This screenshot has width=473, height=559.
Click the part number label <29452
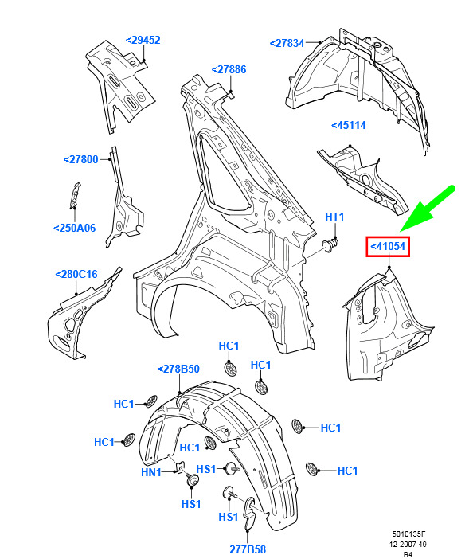[143, 40]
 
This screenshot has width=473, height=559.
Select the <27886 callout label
[229, 69]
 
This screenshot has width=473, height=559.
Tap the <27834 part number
[287, 43]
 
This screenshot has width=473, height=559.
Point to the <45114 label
[349, 126]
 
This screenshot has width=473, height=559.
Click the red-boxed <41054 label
[388, 246]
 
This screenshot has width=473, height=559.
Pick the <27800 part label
[80, 159]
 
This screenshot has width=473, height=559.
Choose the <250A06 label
[75, 228]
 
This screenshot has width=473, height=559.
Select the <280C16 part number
[76, 274]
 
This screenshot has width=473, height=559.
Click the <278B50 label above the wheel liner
[178, 369]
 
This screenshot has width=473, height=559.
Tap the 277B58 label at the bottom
[248, 549]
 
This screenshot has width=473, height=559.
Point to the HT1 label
[334, 217]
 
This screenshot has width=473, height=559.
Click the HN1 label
[151, 472]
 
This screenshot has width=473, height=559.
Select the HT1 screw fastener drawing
[330, 245]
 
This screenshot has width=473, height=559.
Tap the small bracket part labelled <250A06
[75, 195]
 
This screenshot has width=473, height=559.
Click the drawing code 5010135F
[408, 534]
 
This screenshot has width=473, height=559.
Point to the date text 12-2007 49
[408, 545]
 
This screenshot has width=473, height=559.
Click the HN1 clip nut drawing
[180, 467]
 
